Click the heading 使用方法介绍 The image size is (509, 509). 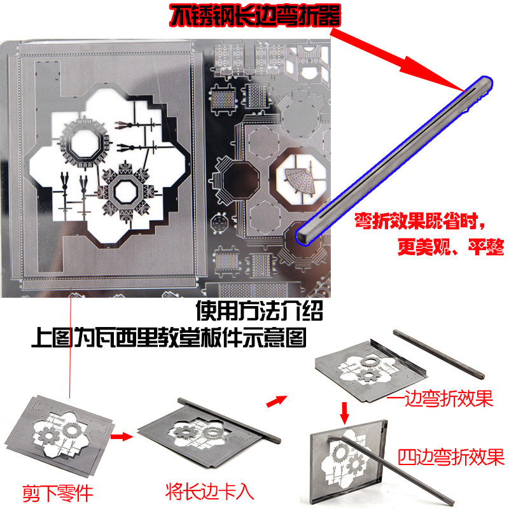click(x=261, y=312)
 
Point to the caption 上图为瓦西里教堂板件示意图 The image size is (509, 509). click(x=169, y=337)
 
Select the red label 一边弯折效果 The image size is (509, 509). click(x=449, y=399)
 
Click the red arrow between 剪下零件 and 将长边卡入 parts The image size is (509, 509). click(x=120, y=437)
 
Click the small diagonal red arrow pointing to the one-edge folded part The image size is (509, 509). click(x=275, y=400)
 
